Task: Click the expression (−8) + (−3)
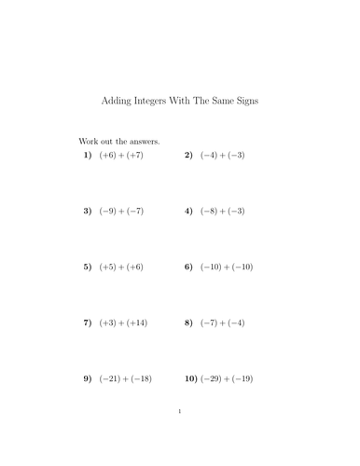tap(221, 211)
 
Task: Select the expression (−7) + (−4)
tap(221, 322)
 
